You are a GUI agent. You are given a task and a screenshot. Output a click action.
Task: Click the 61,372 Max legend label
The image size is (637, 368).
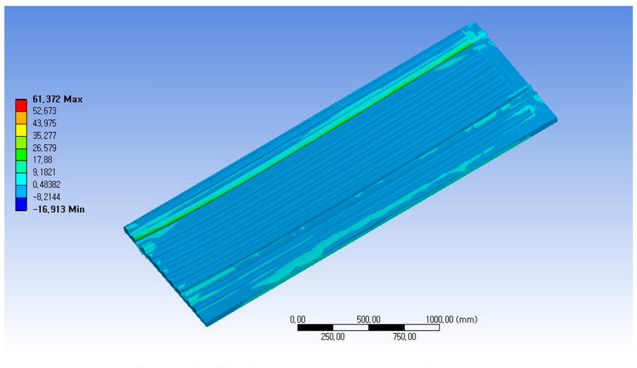point(57,99)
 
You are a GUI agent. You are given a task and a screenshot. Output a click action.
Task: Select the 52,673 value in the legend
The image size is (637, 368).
point(45,111)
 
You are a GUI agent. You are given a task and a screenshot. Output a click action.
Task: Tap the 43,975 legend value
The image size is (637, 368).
point(45,124)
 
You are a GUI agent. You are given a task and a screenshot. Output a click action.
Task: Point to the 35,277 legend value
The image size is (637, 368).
point(45,136)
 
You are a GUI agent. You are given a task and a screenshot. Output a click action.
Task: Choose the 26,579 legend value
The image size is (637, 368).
point(45,148)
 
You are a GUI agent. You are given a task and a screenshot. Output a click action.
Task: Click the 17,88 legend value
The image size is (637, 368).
point(42,160)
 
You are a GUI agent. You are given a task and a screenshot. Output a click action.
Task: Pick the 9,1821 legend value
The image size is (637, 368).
point(44,172)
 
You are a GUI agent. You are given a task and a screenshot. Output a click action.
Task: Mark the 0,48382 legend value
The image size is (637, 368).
point(46,185)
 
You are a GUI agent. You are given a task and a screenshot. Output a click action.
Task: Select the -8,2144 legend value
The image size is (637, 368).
point(46,197)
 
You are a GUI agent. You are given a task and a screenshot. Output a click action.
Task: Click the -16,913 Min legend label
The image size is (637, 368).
point(58,209)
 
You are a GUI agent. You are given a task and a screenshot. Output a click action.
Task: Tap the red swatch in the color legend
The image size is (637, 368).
point(21,106)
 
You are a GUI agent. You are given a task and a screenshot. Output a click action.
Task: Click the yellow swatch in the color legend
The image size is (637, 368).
point(21,130)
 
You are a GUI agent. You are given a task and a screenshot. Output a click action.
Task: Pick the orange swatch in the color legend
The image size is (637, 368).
point(21,118)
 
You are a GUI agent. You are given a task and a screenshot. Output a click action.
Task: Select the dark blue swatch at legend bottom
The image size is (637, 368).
point(21,204)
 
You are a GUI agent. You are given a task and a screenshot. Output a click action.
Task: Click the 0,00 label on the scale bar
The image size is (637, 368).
point(298,320)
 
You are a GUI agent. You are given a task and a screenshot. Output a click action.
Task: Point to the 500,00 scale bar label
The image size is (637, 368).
point(368,320)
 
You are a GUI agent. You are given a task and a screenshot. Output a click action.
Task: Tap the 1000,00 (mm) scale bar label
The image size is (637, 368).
point(451,320)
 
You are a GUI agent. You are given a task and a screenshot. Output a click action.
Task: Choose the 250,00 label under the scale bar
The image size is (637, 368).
point(332,337)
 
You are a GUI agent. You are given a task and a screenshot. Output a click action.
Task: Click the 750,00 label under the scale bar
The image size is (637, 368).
point(404,337)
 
